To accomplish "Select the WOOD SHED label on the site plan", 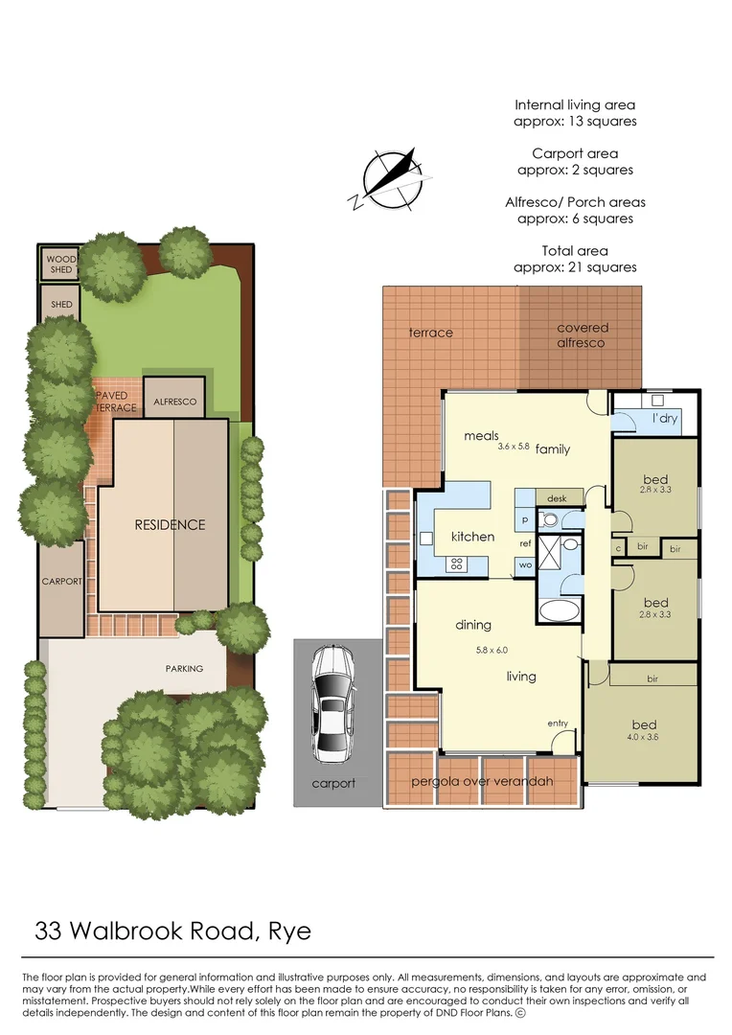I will [x=60, y=264].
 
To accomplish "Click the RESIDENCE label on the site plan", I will [x=170, y=524].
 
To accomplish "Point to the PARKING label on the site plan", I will [x=183, y=668].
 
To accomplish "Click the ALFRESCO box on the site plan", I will [x=174, y=402].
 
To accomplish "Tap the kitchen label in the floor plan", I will [x=472, y=537].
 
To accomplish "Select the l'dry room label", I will [x=666, y=420].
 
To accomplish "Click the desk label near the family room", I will [x=557, y=498].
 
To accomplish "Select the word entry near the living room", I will [x=558, y=723].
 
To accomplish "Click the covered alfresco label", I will [x=583, y=335].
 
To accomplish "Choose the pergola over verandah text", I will [x=482, y=782].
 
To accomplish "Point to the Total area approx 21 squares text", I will [x=575, y=259].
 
